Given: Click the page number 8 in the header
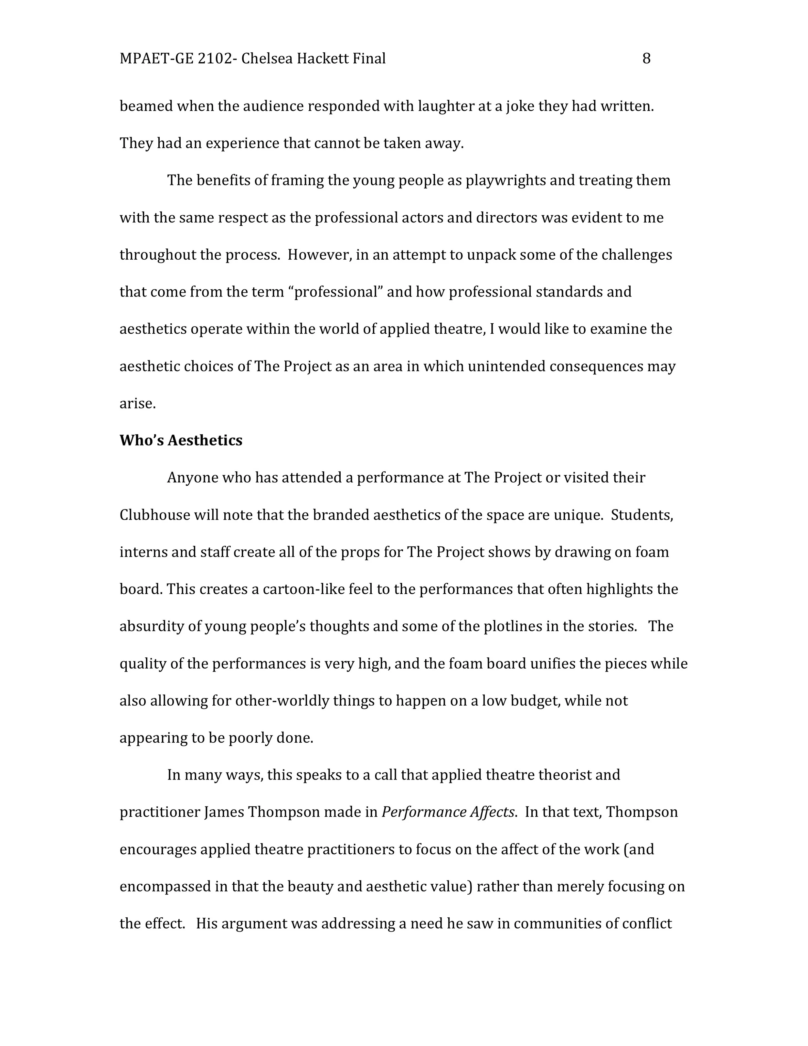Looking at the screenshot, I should pyautogui.click(x=646, y=59).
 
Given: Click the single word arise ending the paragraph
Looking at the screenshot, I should pyautogui.click(x=137, y=404).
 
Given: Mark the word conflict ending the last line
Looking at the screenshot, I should pyautogui.click(x=647, y=923).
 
